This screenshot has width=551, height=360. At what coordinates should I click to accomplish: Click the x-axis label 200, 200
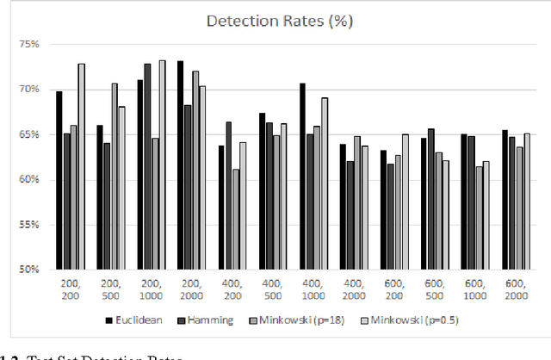[x=71, y=291]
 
